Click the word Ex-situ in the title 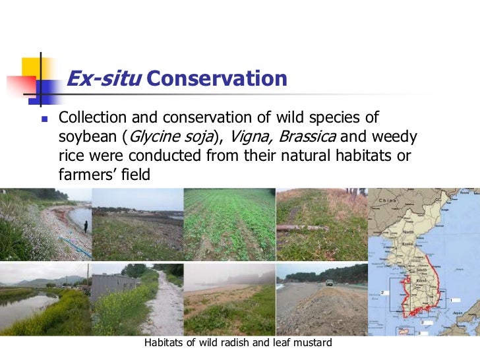pos(103,79)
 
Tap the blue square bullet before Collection pos(44,119)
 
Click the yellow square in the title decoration pos(32,68)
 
